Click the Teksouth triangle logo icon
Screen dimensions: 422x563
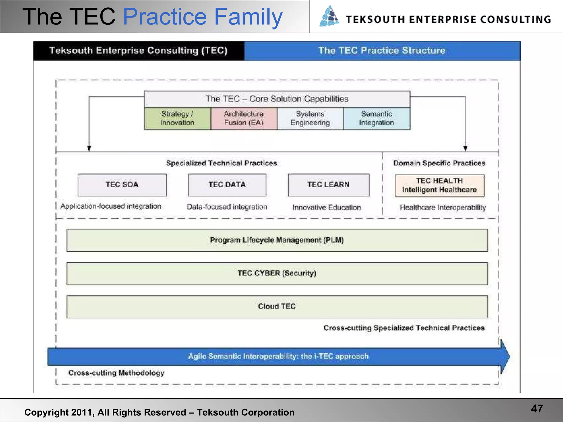[329, 16]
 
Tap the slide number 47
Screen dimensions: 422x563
[537, 409]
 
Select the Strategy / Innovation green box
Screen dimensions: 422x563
[177, 118]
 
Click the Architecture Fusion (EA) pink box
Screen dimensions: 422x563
[244, 118]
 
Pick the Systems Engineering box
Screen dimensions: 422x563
[310, 118]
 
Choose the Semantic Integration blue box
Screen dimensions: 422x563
[377, 118]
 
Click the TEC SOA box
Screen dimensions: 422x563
[122, 185]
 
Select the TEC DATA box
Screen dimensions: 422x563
[227, 185]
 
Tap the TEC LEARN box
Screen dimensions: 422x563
[329, 185]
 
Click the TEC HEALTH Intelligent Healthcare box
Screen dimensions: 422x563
[439, 185]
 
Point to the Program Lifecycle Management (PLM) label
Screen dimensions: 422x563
[277, 240]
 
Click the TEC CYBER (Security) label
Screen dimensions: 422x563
[277, 273]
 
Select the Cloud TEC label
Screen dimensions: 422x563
[277, 306]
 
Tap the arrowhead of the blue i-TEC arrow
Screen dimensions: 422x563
[504, 357]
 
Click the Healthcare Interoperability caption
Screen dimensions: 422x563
[443, 207]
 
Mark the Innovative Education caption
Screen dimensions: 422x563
[327, 207]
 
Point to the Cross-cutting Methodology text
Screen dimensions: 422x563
[116, 373]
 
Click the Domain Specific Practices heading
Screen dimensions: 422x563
[439, 163]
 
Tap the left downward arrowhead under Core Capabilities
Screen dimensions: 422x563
[89, 148]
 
